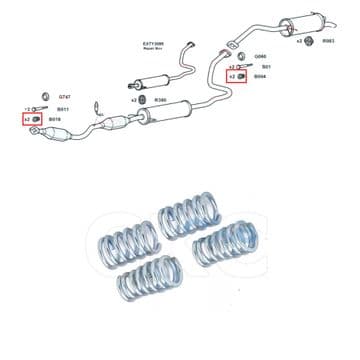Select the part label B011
tap(62, 108)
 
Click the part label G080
tap(261, 56)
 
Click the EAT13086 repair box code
tap(151, 44)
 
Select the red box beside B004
tap(237, 76)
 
